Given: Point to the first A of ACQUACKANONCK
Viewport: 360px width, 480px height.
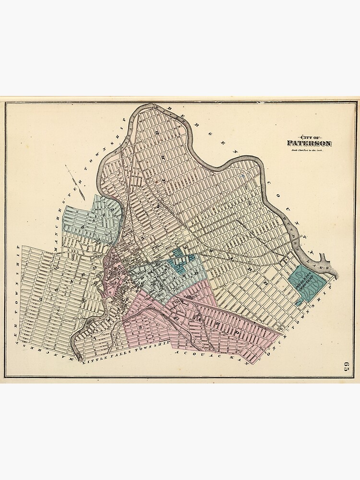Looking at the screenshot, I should click(x=178, y=353).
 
